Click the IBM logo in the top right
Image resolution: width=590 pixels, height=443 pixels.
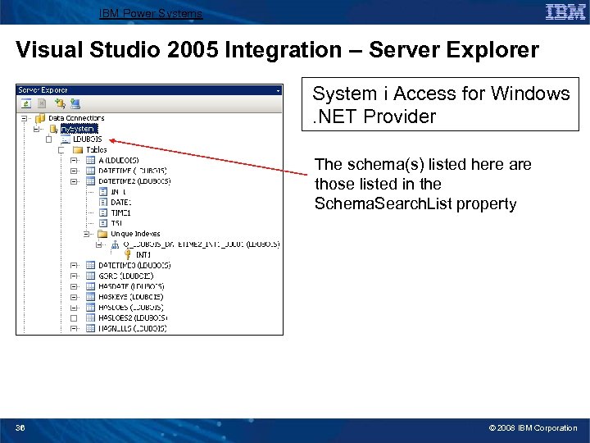point(565,11)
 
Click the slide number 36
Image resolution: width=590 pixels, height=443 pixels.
point(20,428)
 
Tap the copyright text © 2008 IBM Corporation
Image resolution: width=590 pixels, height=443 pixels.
point(533,428)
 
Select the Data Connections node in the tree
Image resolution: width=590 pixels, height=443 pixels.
point(76,118)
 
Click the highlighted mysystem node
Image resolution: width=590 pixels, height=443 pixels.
point(79,129)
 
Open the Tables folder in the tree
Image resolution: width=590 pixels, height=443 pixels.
point(96,150)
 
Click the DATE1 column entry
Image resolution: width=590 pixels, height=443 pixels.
point(120,202)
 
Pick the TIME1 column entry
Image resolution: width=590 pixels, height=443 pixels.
point(120,212)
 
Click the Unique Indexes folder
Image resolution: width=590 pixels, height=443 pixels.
point(135,234)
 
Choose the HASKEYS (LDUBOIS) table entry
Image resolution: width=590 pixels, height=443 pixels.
point(130,297)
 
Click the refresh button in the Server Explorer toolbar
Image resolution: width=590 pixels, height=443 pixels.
point(26,103)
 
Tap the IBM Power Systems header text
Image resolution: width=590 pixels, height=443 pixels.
point(150,13)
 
